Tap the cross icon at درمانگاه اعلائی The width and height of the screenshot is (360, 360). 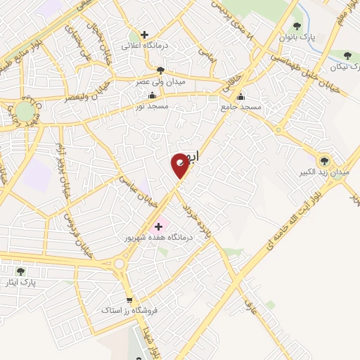tap(144, 34)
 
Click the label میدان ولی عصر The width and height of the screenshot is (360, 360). tap(161, 81)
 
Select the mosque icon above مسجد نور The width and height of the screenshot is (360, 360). tap(152, 95)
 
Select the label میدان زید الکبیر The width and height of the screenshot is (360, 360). tap(323, 172)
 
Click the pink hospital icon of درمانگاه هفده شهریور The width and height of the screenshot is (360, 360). tap(158, 226)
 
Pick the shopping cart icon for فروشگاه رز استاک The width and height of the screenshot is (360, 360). tap(128, 298)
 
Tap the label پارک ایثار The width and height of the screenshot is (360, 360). tap(28, 282)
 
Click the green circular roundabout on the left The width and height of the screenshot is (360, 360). tap(25, 111)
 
